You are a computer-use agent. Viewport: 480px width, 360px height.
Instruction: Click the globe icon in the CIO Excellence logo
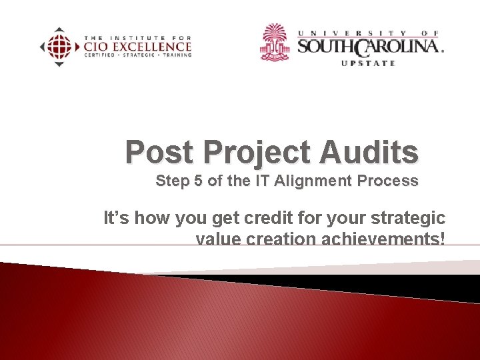[x=59, y=47]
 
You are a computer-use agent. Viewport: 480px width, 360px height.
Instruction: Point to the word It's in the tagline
[x=117, y=218]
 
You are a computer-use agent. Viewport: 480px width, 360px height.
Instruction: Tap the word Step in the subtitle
[x=171, y=181]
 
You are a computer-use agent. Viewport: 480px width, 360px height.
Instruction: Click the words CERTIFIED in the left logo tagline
[x=99, y=55]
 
